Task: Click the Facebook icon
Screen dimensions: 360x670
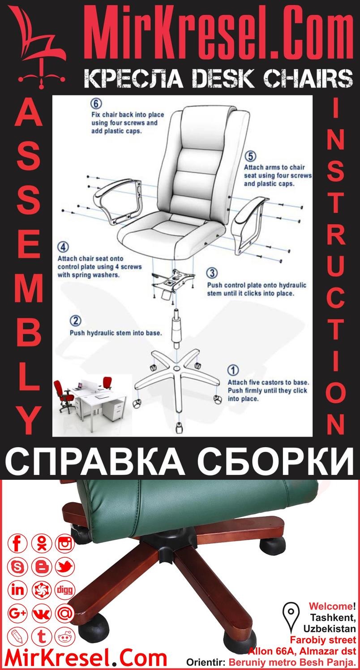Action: [x=18, y=544]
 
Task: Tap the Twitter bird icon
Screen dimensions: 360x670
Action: [x=65, y=567]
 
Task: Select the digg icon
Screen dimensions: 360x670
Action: [x=65, y=589]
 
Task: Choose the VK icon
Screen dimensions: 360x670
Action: [x=42, y=613]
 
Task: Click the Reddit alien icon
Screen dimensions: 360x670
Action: [x=65, y=636]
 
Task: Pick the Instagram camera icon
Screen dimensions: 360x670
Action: [x=65, y=544]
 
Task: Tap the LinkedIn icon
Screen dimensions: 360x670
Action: [x=18, y=589]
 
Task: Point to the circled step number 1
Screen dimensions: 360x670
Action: [x=233, y=370]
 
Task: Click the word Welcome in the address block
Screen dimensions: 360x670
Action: [x=330, y=606]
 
